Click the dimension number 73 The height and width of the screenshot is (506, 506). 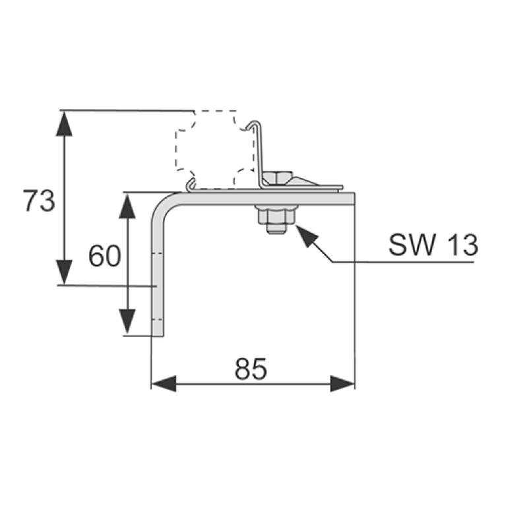39,201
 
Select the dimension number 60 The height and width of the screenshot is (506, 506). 104,256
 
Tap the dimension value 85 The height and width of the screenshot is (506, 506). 251,369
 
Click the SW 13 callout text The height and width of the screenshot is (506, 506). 433,245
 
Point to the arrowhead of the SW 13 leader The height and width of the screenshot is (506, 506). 307,236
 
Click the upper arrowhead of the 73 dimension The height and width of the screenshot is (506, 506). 64,123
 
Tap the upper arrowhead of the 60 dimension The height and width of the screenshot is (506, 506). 127,206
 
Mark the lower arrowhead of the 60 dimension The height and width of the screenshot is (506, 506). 127,322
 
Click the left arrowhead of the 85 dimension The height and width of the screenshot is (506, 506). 164,384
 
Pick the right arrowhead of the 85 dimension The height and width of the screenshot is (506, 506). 342,384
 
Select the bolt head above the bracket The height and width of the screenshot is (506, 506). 278,178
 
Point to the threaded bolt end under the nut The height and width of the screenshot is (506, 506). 276,229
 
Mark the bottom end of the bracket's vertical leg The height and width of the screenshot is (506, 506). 158,336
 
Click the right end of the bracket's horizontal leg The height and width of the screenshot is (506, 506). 354,199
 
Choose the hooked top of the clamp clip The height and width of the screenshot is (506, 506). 254,123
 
